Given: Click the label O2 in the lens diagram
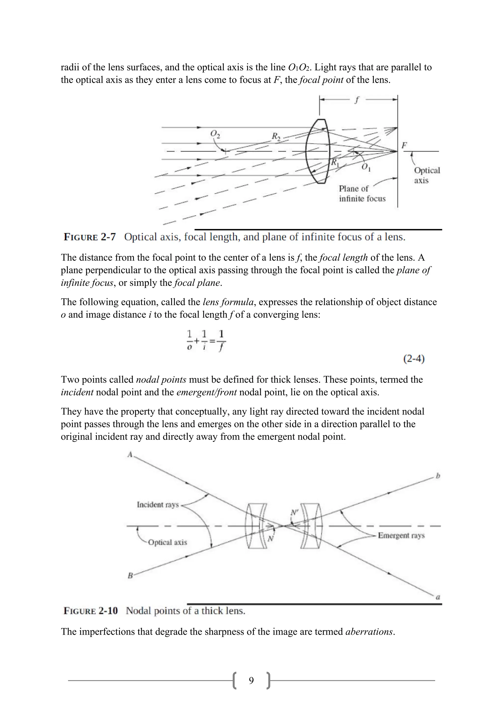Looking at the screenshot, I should point(215,134).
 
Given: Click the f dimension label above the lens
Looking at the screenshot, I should point(357,100).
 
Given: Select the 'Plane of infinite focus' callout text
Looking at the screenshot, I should point(362,193).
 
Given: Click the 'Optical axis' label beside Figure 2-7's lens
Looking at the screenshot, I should point(427,175).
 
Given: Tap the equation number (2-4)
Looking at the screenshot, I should point(414,359).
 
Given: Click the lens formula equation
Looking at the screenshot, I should point(206,340).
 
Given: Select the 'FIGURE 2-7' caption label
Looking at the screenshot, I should point(89,237).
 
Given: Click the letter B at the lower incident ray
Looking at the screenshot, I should point(130,576).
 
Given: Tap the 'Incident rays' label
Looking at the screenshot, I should point(158,505).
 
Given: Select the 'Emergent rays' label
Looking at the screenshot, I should point(401,535).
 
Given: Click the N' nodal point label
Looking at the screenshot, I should point(294,512).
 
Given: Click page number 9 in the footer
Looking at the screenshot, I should point(251,680).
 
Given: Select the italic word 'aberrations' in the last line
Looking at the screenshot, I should point(369,631).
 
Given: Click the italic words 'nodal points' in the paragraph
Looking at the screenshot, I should point(161,380).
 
